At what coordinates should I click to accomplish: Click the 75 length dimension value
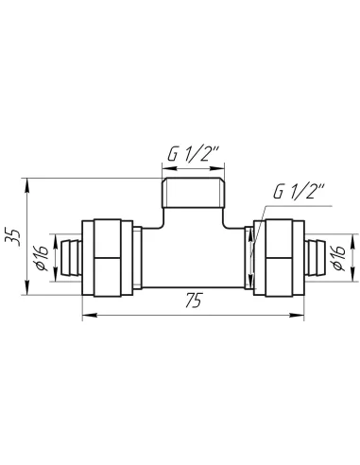coord(193,301)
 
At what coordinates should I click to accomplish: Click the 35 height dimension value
coord(12,236)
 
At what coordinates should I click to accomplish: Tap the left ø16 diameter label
coord(42,258)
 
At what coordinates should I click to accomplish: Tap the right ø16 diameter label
coord(339,258)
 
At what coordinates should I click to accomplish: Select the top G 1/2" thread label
coord(193,154)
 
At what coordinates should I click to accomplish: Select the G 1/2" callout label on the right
coord(299,192)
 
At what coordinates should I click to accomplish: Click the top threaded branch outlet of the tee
coord(193,193)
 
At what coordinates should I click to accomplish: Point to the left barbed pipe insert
coord(69,258)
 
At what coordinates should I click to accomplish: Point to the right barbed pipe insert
coord(317,258)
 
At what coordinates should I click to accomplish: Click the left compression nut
coord(107,258)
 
